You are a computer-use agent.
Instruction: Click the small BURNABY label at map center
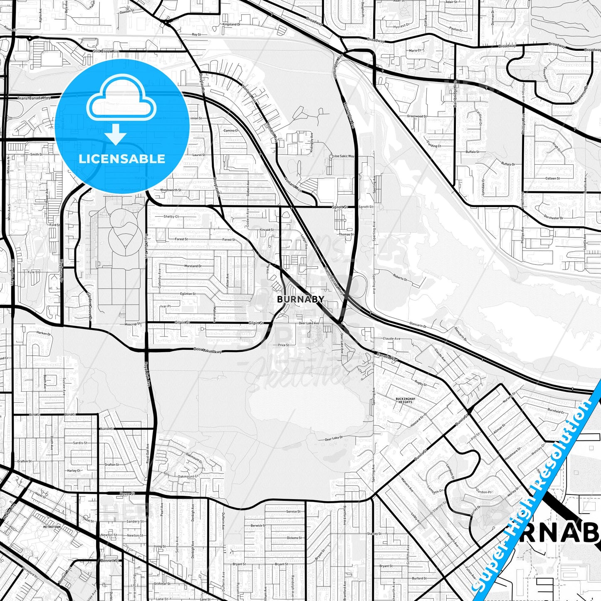[300, 299]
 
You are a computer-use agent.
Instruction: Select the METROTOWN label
[52, 527]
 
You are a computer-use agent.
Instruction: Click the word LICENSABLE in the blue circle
[122, 158]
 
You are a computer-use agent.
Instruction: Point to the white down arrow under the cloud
[116, 134]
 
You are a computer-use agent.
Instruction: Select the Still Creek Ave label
[106, 52]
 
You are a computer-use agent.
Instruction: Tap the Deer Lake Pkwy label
[208, 351]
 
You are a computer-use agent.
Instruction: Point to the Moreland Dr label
[193, 266]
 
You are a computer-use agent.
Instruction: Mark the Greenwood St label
[416, 116]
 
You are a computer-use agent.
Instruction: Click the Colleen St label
[552, 178]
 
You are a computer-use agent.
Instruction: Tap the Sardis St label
[80, 443]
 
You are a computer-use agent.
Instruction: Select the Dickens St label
[294, 538]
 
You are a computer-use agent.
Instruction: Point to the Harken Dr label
[43, 333]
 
